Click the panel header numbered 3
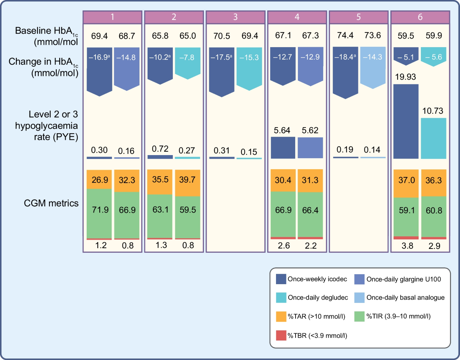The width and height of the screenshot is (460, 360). tap(235, 17)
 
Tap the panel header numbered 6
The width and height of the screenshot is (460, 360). tap(420, 17)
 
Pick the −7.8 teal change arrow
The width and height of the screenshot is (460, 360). tap(188, 62)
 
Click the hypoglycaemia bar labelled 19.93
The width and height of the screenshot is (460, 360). tap(406, 121)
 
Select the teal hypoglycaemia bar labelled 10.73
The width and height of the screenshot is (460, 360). tap(434, 138)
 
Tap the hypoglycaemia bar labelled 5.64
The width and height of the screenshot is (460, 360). tap(284, 148)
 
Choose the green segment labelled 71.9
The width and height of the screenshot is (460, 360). tap(99, 213)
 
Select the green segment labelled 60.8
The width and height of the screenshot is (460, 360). tap(434, 217)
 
